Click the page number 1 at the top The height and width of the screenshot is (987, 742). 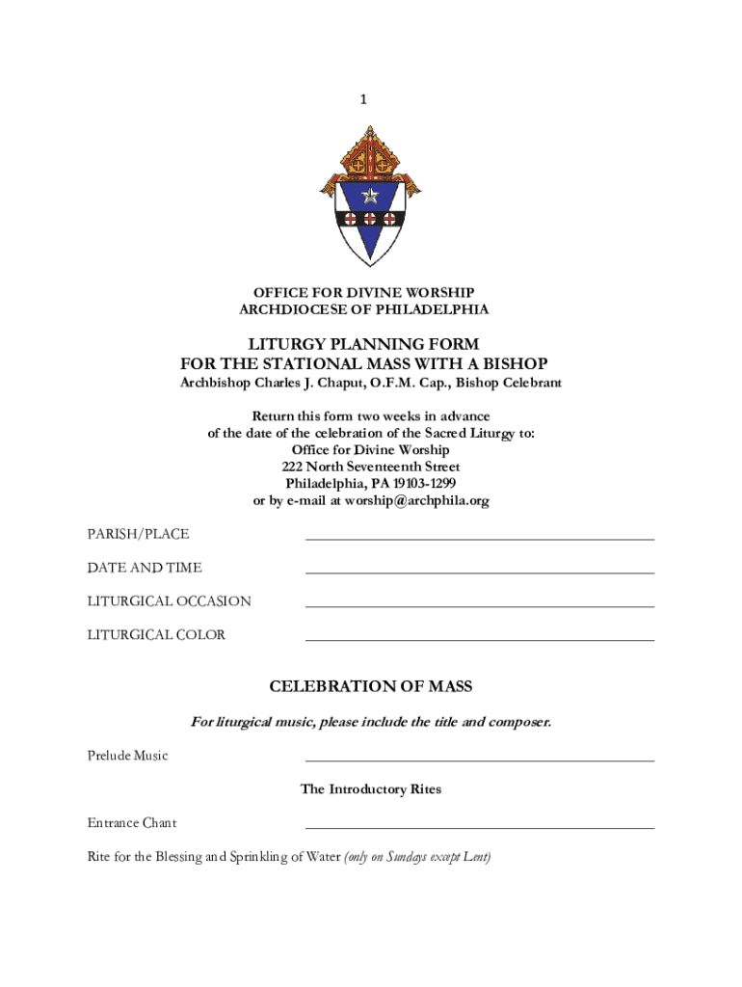pyautogui.click(x=363, y=98)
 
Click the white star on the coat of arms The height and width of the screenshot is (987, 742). pyautogui.click(x=370, y=197)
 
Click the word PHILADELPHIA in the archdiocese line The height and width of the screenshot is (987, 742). pyautogui.click(x=438, y=309)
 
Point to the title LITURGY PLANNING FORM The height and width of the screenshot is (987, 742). pyautogui.click(x=363, y=344)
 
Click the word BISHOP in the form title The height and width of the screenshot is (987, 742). pyautogui.click(x=515, y=363)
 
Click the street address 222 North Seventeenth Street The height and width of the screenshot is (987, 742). pyautogui.click(x=371, y=467)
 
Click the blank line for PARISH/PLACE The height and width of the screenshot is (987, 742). pyautogui.click(x=479, y=538)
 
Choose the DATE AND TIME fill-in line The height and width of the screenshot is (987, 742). pyautogui.click(x=479, y=572)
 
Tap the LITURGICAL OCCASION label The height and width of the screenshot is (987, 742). pyautogui.click(x=170, y=601)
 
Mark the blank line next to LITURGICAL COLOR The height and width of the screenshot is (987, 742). pyautogui.click(x=479, y=639)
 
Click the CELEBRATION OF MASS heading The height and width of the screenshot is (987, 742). pyautogui.click(x=371, y=686)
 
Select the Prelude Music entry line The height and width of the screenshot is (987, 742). pyautogui.click(x=479, y=760)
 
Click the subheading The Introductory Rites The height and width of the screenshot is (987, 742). pyautogui.click(x=371, y=789)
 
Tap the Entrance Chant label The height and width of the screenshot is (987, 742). pyautogui.click(x=132, y=823)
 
